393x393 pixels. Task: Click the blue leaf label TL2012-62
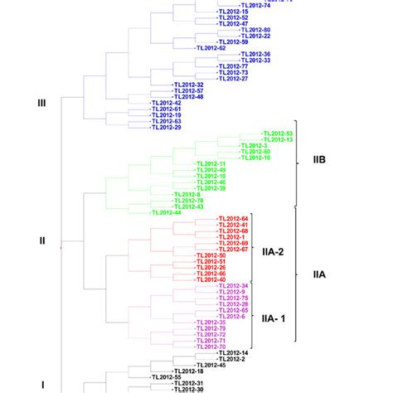(211, 48)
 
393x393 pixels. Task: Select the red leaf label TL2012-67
(233, 249)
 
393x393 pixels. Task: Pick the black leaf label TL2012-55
(166, 376)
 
